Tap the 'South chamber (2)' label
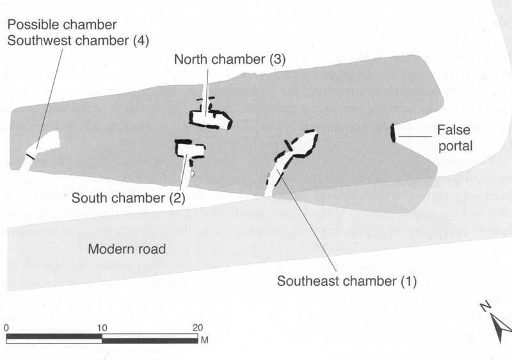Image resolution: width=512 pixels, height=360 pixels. point(128,198)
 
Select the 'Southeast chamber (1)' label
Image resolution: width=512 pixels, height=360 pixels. point(346,281)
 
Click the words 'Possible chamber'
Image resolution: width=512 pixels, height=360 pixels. point(62,25)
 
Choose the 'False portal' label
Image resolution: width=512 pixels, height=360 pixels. point(454,137)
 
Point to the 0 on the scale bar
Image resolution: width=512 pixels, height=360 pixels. point(6,327)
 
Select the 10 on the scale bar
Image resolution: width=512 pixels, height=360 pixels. point(102,327)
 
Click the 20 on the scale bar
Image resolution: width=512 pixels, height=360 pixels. point(198,327)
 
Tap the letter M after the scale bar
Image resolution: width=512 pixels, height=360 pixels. point(205,340)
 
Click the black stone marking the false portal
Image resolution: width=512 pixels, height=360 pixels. point(393,133)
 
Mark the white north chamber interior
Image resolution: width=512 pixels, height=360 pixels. point(206,117)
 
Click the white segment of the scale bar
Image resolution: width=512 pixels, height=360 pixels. point(54,340)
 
